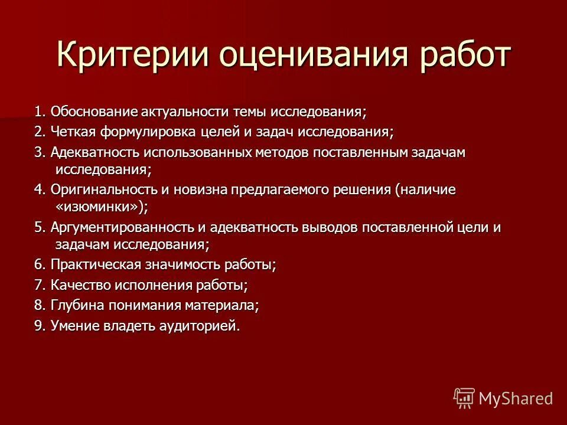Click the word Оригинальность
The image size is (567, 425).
(99, 189)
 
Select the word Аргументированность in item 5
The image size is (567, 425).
(120, 227)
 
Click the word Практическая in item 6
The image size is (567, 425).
(92, 264)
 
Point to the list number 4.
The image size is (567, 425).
(39, 189)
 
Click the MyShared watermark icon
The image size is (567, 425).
(464, 398)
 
